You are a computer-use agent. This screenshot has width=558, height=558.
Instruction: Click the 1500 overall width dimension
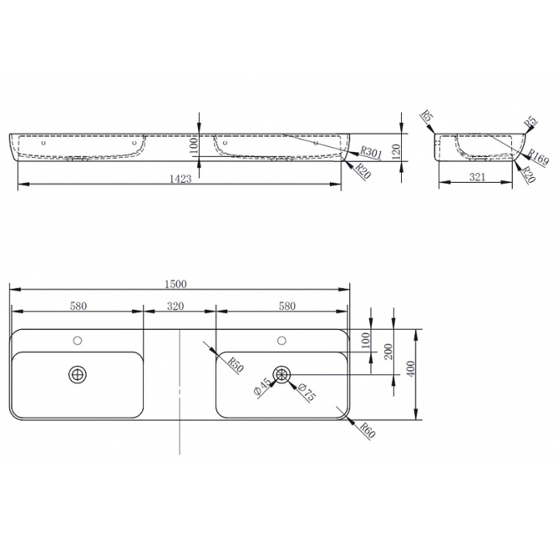click(175, 284)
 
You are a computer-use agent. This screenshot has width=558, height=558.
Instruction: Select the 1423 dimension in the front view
click(180, 179)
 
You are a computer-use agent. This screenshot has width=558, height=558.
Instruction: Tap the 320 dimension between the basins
click(175, 306)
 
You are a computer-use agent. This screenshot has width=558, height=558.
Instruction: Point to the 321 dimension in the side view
click(477, 177)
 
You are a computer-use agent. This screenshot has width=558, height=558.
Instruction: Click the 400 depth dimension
click(411, 369)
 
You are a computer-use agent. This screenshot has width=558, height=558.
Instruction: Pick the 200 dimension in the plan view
click(389, 352)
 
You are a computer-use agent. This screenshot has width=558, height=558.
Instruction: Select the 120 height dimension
click(396, 152)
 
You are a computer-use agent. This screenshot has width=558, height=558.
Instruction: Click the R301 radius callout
click(370, 152)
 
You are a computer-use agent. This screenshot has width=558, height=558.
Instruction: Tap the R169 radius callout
click(537, 156)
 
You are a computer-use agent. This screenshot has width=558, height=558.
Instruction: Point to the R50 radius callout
click(235, 365)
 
